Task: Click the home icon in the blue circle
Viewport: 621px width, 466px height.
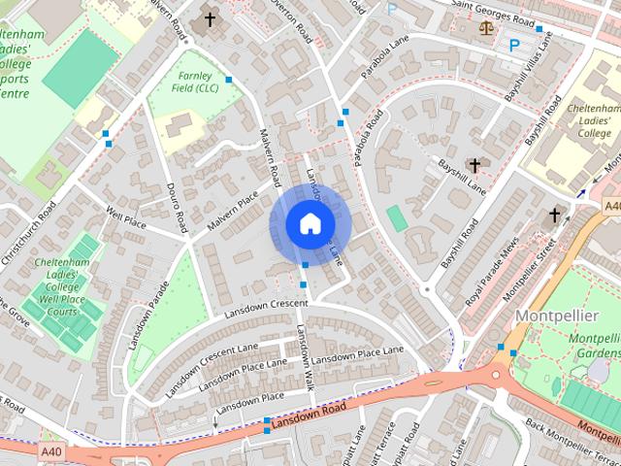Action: tap(309, 224)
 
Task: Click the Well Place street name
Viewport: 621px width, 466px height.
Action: tap(125, 216)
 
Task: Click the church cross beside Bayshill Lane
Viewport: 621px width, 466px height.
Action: tap(474, 165)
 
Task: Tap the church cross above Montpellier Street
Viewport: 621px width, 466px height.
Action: tap(555, 215)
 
